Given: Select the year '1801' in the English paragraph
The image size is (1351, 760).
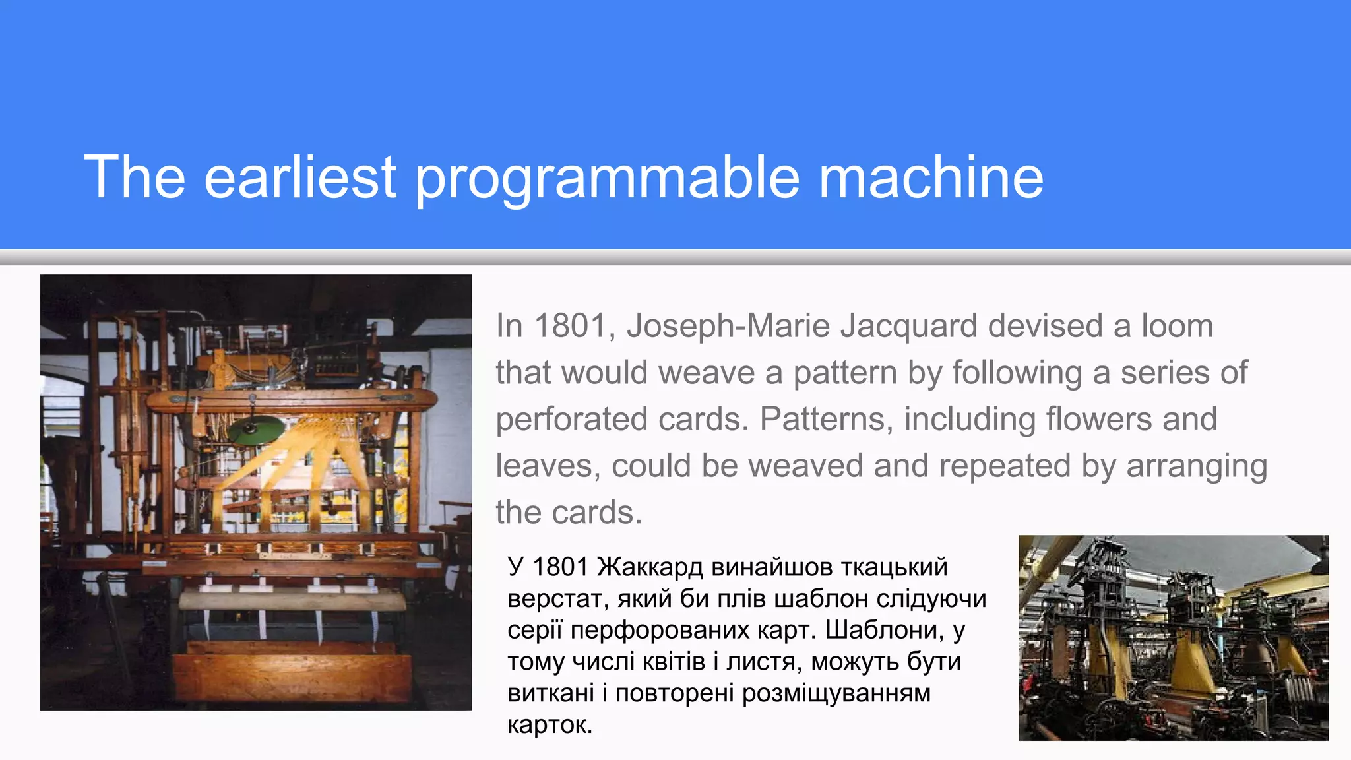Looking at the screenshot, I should [x=571, y=326].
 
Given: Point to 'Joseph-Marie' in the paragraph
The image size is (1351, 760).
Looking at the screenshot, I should [x=728, y=326].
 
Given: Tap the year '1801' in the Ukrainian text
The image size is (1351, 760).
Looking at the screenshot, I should [x=559, y=567].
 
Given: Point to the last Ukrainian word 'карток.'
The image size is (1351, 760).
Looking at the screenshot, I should [x=550, y=725].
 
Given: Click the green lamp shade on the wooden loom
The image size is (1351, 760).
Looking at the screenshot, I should [x=256, y=431].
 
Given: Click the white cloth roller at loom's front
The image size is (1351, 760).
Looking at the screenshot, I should [x=292, y=600].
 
